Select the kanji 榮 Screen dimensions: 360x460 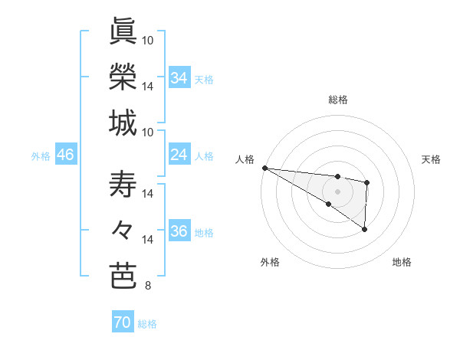[123, 76]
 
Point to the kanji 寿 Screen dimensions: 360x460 [123, 185]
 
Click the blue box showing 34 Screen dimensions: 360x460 [179, 77]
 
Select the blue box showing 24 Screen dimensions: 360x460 [179, 155]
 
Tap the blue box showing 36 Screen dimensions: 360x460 [179, 232]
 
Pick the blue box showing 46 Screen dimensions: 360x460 [66, 155]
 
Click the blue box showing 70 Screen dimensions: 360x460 [123, 322]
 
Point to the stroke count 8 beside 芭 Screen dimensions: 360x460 [147, 286]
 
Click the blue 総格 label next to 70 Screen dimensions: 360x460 [147, 324]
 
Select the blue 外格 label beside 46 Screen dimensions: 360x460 [41, 156]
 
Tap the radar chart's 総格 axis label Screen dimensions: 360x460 [337, 100]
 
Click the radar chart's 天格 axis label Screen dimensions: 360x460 [432, 159]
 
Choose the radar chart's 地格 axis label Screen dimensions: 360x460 [402, 262]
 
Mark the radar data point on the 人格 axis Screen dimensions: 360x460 [264, 167]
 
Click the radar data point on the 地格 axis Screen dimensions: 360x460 [365, 229]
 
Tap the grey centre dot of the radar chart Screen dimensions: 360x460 [337, 191]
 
